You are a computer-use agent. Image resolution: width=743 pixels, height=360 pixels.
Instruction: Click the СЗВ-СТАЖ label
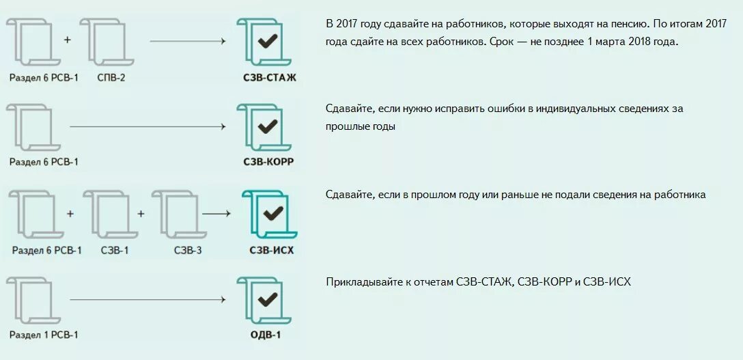(x=270, y=78)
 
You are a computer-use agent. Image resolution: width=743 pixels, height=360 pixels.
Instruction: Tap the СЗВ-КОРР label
(x=268, y=162)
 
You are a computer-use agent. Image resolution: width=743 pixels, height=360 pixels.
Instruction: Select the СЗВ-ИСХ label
(x=272, y=250)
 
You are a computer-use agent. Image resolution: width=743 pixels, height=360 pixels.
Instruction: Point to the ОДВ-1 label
(x=266, y=335)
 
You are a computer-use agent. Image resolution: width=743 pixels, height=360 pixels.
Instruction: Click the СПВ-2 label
(x=111, y=78)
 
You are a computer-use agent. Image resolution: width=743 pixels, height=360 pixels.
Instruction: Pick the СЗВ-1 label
(x=114, y=250)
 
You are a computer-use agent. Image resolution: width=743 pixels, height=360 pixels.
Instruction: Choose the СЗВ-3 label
(x=188, y=250)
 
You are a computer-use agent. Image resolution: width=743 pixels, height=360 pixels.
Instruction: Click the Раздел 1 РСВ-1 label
(x=44, y=335)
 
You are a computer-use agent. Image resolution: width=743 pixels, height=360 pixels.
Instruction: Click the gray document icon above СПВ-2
(x=107, y=42)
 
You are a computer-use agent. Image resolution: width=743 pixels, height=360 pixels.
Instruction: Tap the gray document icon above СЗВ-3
(x=175, y=214)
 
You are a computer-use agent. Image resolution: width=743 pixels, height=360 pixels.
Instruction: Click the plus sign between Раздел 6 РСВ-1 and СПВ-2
(x=68, y=40)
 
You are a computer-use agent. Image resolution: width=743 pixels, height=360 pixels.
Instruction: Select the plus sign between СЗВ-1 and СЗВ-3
(x=141, y=213)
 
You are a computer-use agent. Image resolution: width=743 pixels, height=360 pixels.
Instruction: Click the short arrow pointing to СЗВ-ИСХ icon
(x=217, y=213)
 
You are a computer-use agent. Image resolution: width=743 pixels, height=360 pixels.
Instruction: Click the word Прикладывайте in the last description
(x=361, y=281)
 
